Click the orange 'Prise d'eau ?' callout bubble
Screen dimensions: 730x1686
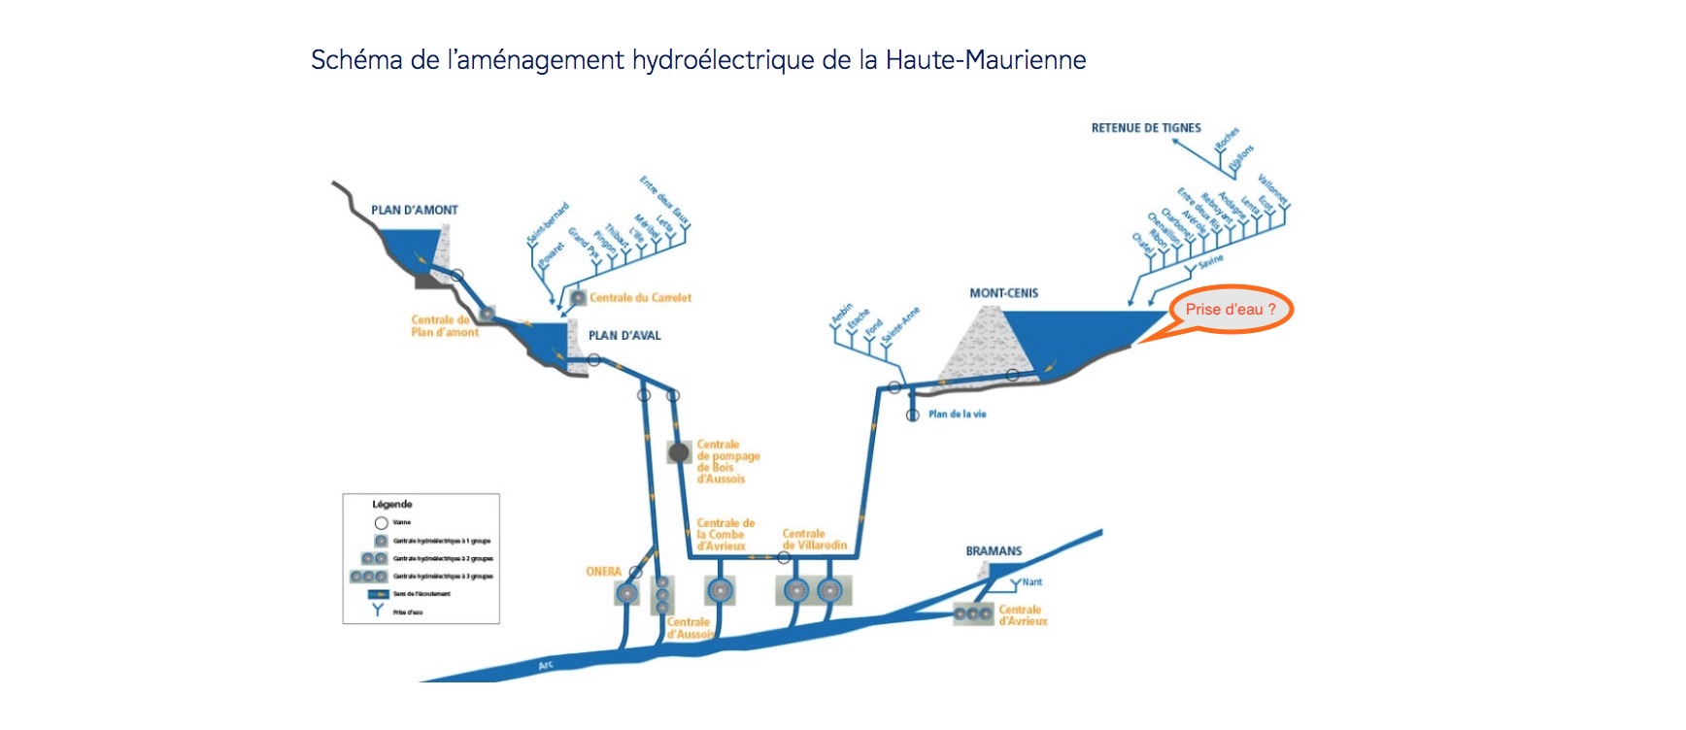point(1230,310)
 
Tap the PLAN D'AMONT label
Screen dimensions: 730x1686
point(414,210)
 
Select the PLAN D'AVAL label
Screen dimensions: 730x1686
point(624,336)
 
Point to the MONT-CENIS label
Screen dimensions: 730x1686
point(1003,293)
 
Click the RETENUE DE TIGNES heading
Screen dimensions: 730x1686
point(1146,128)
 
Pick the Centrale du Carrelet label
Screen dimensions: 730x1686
point(640,298)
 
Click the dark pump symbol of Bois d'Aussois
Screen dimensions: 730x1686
point(679,452)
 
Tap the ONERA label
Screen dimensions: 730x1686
point(603,572)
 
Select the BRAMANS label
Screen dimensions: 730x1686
point(994,551)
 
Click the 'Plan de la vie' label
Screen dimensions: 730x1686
point(957,415)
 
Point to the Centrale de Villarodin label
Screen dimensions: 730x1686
point(814,540)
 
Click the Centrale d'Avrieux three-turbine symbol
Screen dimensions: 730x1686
point(972,614)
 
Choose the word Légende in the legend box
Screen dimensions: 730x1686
point(392,505)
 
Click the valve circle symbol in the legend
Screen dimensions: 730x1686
point(381,523)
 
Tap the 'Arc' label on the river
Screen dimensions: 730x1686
point(547,666)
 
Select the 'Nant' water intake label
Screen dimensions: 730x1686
point(1031,582)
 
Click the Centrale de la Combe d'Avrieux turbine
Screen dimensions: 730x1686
point(719,590)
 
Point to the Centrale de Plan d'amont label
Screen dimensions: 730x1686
point(444,326)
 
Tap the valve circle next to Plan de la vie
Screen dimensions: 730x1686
point(913,415)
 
